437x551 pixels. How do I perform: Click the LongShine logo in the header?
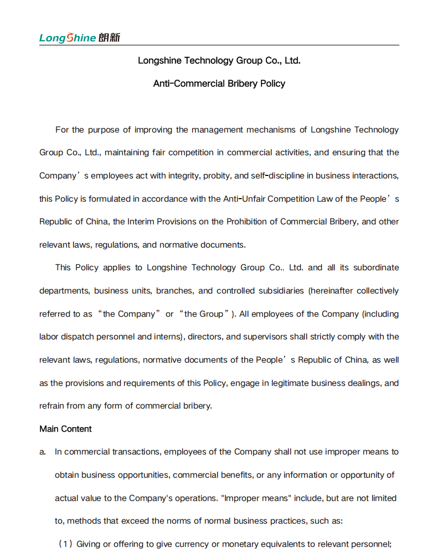(x=68, y=38)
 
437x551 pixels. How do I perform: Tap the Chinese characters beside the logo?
(x=109, y=38)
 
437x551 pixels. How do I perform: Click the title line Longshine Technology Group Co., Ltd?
(x=219, y=60)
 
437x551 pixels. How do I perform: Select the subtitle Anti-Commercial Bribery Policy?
(x=219, y=84)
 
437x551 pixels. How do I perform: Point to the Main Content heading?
(x=65, y=429)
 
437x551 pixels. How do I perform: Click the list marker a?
(x=43, y=452)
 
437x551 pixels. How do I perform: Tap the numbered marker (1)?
(x=65, y=544)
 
